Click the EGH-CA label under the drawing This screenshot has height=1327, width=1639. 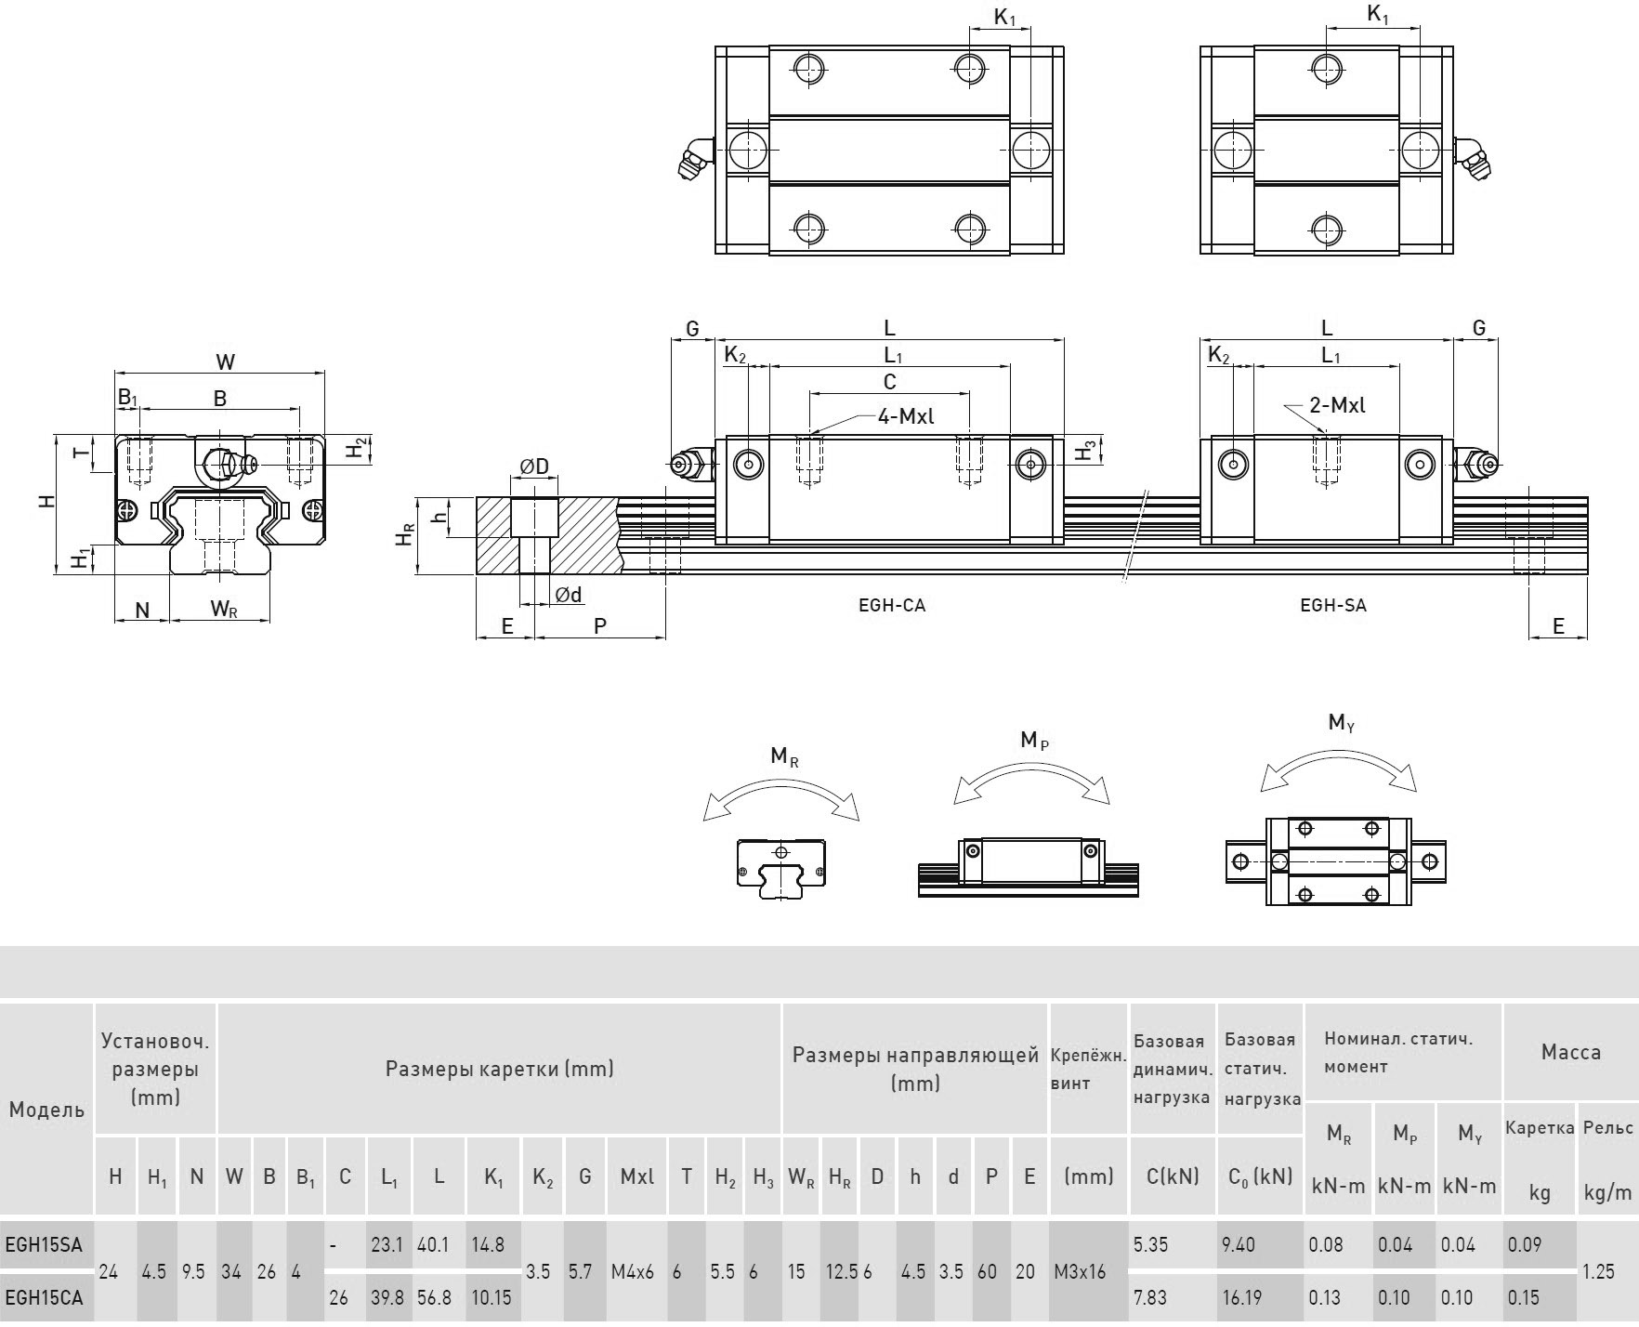click(891, 605)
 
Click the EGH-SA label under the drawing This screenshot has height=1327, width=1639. click(1332, 605)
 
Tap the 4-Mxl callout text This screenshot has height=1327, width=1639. click(905, 416)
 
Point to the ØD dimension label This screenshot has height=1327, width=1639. click(534, 466)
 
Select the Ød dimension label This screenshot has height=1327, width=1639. click(568, 595)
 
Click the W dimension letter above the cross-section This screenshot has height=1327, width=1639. click(225, 362)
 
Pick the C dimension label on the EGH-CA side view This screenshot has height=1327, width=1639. click(889, 382)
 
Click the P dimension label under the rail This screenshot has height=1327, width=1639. click(600, 625)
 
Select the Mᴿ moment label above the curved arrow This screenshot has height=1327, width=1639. click(784, 756)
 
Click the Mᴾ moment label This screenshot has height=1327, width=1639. click(1033, 740)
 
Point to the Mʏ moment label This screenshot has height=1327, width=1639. click(1341, 722)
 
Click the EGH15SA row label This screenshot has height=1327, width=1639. click(44, 1244)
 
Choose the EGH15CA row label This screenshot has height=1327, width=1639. click(44, 1297)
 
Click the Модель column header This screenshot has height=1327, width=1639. click(46, 1110)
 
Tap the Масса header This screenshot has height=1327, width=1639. click(1570, 1052)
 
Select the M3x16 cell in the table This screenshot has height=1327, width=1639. click(1080, 1271)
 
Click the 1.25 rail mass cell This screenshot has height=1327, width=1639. click(1598, 1271)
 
